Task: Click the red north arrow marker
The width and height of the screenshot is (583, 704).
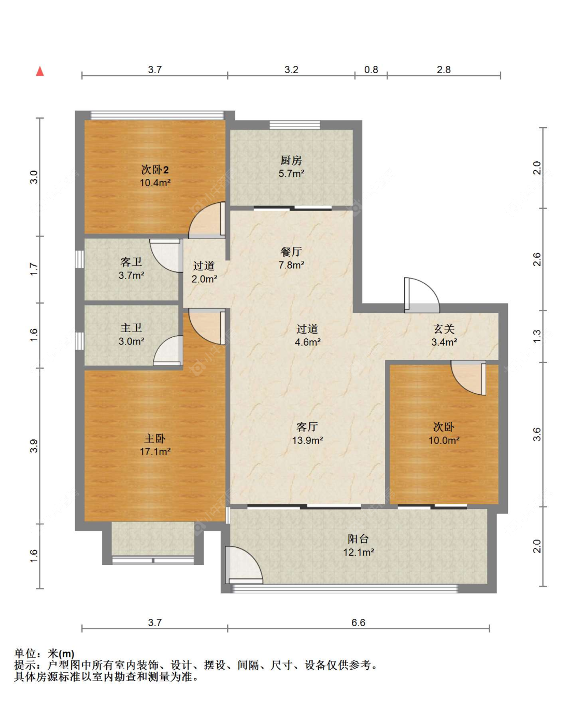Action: pyautogui.click(x=40, y=71)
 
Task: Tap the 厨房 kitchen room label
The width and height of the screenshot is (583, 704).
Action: pyautogui.click(x=291, y=160)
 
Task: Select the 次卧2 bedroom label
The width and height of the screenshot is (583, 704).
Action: pyautogui.click(x=155, y=170)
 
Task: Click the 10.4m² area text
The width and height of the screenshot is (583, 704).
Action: pyautogui.click(x=155, y=183)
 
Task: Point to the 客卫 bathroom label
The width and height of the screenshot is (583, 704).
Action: pyautogui.click(x=131, y=262)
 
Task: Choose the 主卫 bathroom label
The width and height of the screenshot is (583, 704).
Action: pyautogui.click(x=131, y=328)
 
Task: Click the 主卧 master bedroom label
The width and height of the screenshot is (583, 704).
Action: pyautogui.click(x=155, y=438)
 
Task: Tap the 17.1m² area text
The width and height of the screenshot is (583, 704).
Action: pyautogui.click(x=155, y=452)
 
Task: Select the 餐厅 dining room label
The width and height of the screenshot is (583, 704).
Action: pyautogui.click(x=291, y=252)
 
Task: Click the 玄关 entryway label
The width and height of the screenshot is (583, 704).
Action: pyautogui.click(x=444, y=329)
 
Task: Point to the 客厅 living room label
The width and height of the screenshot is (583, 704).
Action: pyautogui.click(x=307, y=427)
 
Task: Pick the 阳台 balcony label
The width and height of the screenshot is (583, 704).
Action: pyautogui.click(x=358, y=539)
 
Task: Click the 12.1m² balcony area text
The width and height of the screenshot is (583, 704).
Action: pyautogui.click(x=358, y=553)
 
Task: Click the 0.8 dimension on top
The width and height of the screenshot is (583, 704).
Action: pyautogui.click(x=371, y=70)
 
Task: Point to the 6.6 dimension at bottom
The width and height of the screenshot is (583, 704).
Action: pyautogui.click(x=358, y=623)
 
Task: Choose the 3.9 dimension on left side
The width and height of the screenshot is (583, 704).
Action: pyautogui.click(x=34, y=446)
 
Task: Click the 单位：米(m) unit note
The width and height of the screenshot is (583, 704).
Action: pyautogui.click(x=44, y=654)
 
